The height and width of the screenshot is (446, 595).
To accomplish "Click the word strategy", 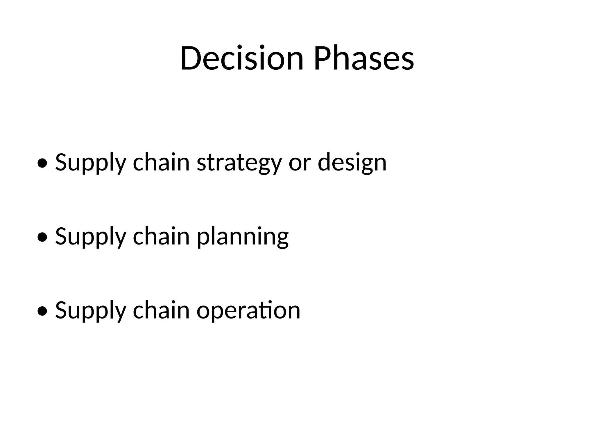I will coord(239,163).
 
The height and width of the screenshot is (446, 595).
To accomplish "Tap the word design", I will coord(352,163).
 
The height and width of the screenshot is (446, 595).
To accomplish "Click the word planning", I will coord(243,237).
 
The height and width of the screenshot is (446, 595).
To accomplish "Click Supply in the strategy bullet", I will coord(91,163).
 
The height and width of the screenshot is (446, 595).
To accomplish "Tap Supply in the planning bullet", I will coord(91,237).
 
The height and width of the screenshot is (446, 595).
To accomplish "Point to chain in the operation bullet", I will coord(161,310).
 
